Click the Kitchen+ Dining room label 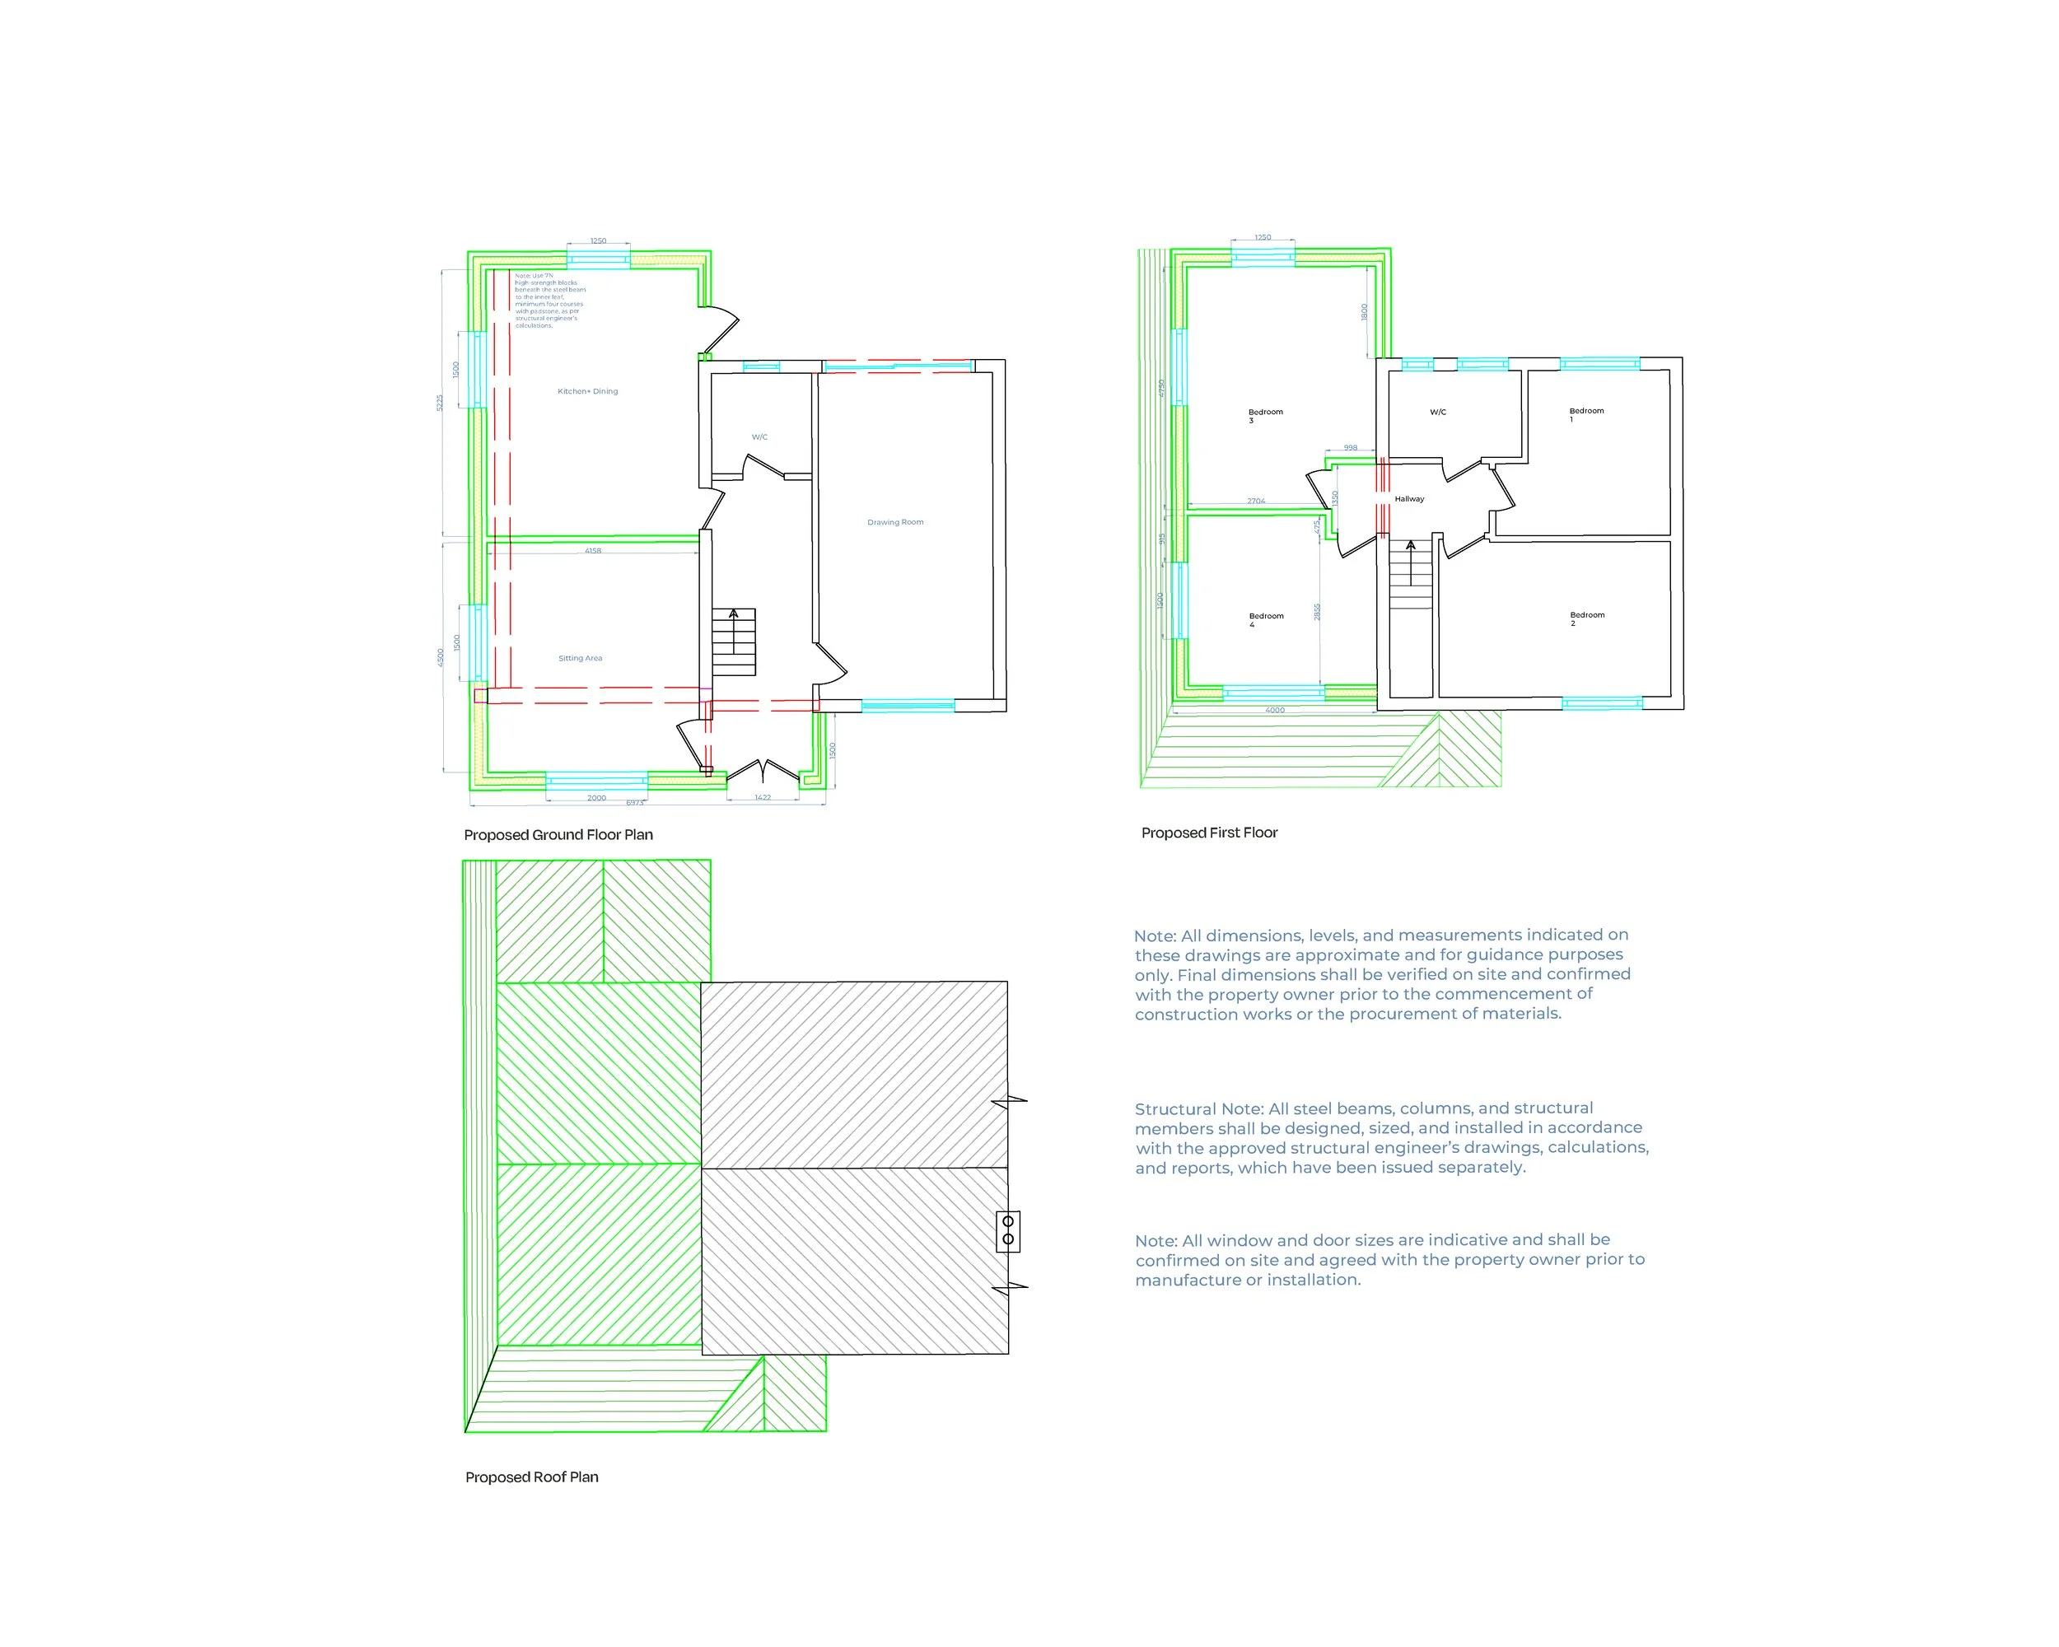coord(587,391)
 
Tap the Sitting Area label coord(580,658)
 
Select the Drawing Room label coord(895,522)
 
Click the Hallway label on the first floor coord(1408,499)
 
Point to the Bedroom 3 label coord(1264,415)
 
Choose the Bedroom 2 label coord(1586,618)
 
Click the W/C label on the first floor coord(1437,413)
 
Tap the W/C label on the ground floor coord(759,437)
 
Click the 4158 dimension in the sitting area coord(593,551)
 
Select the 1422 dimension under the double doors coord(762,797)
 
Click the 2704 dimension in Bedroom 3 coord(1256,501)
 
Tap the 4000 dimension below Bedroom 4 coord(1275,711)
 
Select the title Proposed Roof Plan coord(531,1477)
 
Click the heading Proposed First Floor coord(1209,833)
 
